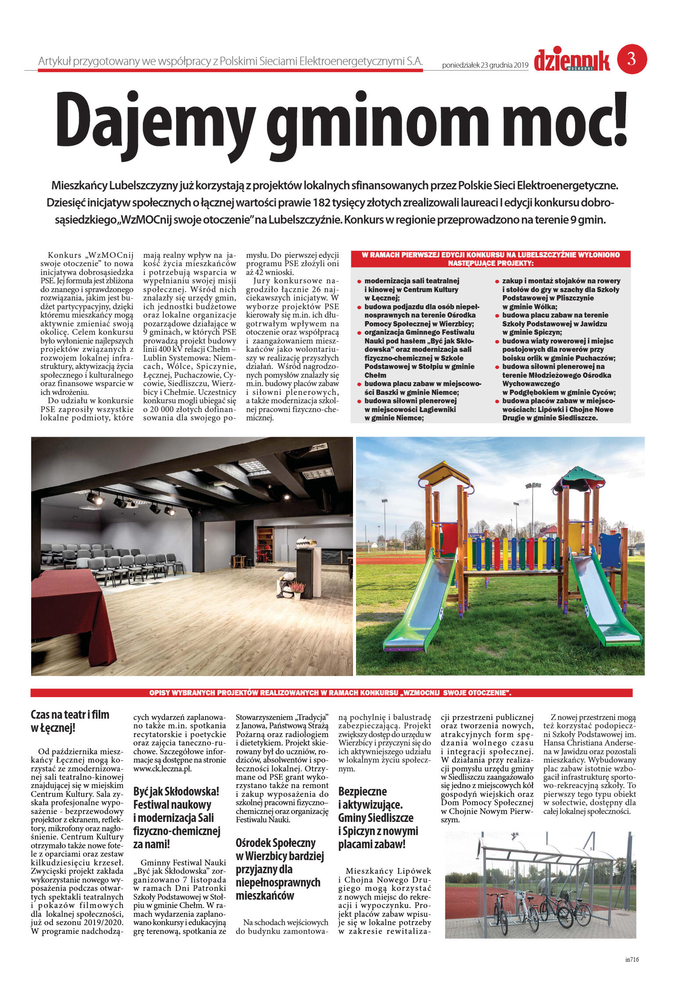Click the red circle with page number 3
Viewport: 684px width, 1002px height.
[632, 59]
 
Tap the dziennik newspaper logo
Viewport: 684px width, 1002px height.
[572, 61]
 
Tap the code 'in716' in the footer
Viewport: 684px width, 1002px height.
[632, 972]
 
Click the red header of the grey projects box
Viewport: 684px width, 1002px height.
[490, 259]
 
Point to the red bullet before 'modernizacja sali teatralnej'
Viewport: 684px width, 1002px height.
[359, 281]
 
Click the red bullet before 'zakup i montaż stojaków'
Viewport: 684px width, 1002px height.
[497, 281]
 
